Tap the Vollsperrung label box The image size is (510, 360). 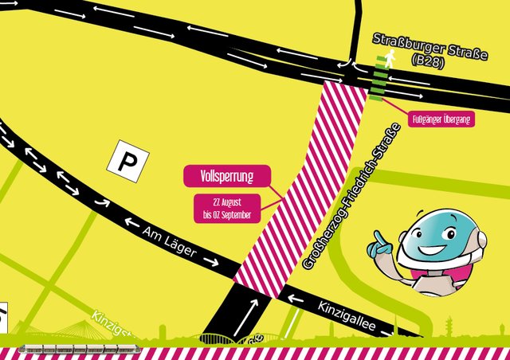coord(227,175)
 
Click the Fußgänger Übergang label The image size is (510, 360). coord(441,119)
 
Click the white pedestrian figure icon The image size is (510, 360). coord(390,58)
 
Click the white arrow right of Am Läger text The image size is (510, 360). coord(210,260)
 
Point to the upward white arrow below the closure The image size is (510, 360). coord(254,313)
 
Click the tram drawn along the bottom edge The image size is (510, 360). coord(78,349)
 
